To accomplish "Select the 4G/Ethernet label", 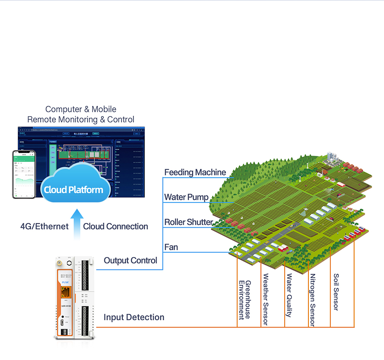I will (x=44, y=226).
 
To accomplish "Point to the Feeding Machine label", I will (x=195, y=173).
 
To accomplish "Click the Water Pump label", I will (x=186, y=197).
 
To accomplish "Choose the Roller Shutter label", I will (x=189, y=222).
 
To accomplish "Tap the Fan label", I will (x=171, y=247).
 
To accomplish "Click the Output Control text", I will (x=131, y=260).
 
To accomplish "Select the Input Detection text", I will (x=134, y=317).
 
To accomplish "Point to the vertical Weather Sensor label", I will (x=266, y=299).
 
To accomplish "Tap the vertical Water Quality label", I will (x=289, y=296).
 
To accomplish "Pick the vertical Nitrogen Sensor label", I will (x=313, y=300).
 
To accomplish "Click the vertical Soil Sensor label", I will (x=336, y=292).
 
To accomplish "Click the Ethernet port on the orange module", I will (x=66, y=293).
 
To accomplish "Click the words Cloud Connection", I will (x=116, y=226).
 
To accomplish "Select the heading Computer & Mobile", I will (x=81, y=109).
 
